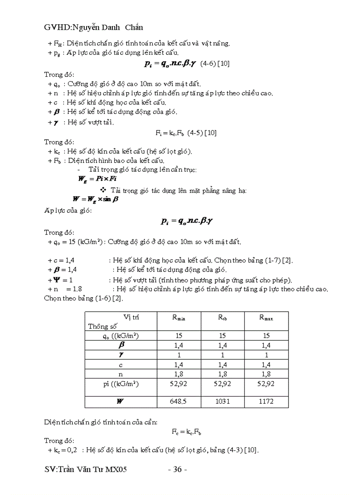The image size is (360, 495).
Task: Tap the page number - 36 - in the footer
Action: point(178,470)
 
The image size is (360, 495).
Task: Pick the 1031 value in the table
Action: point(222,401)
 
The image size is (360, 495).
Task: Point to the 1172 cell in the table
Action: point(266,401)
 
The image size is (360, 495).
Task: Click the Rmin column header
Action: point(179,317)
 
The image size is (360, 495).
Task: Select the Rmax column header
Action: point(266,317)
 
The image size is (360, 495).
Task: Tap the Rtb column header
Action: point(222,317)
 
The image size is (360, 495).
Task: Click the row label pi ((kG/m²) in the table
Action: point(121,384)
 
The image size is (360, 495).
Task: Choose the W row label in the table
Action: point(120,401)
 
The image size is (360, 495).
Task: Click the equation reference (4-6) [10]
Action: point(214,63)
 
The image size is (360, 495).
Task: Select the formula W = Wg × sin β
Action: point(96,199)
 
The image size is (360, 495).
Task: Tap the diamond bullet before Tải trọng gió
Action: point(104,190)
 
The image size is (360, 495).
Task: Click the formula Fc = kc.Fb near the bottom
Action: point(187,432)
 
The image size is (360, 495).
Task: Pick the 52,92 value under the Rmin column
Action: point(179,384)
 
